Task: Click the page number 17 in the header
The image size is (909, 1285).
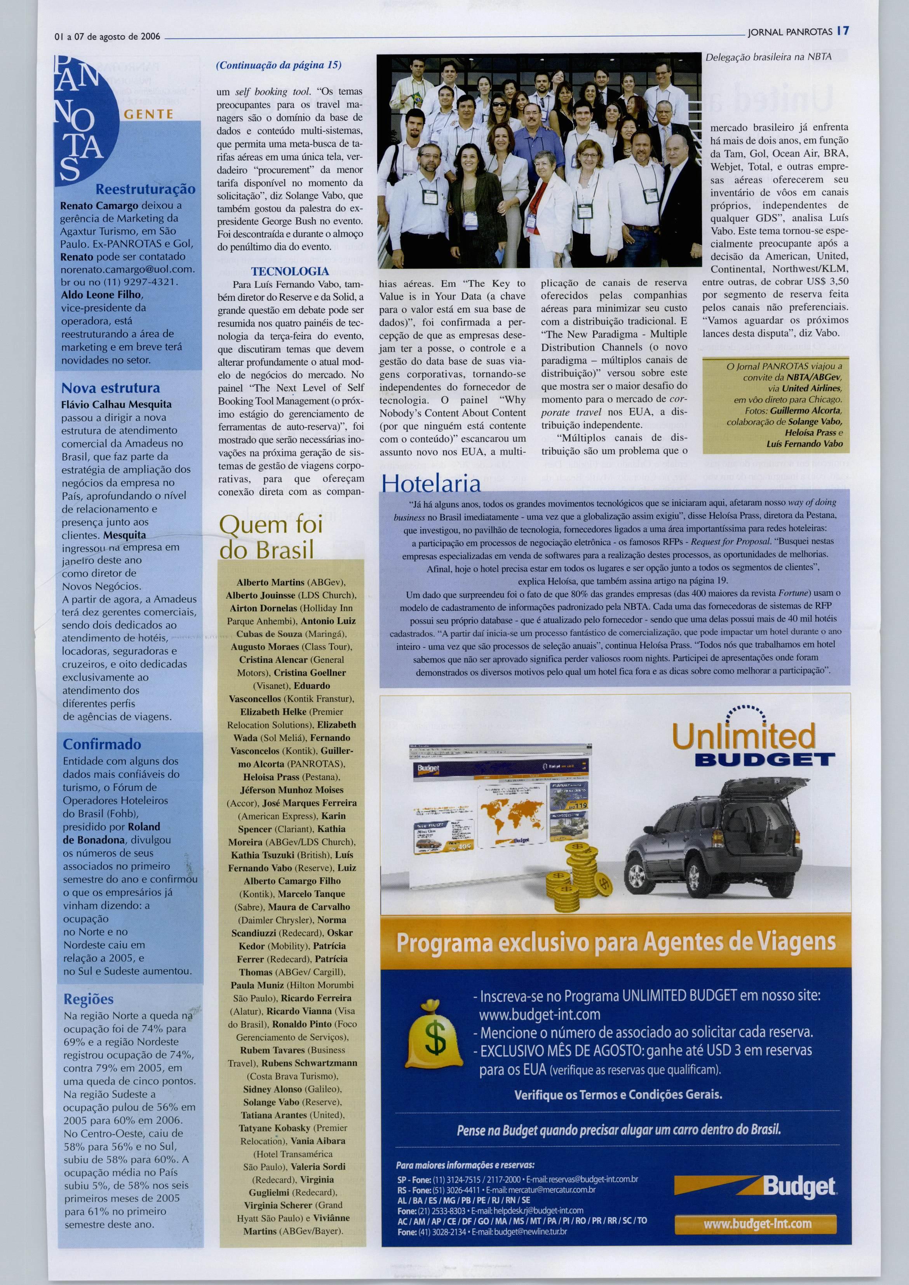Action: click(843, 31)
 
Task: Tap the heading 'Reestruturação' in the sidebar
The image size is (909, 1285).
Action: click(146, 189)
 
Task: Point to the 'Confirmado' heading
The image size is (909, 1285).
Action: click(102, 744)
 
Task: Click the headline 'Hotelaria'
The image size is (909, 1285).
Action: click(430, 483)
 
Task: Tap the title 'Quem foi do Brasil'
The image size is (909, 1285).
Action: click(271, 537)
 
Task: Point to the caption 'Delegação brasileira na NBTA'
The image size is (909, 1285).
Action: click(768, 57)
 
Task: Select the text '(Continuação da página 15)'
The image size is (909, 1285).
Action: click(278, 66)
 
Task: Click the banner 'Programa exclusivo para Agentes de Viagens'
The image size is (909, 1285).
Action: click(616, 942)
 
